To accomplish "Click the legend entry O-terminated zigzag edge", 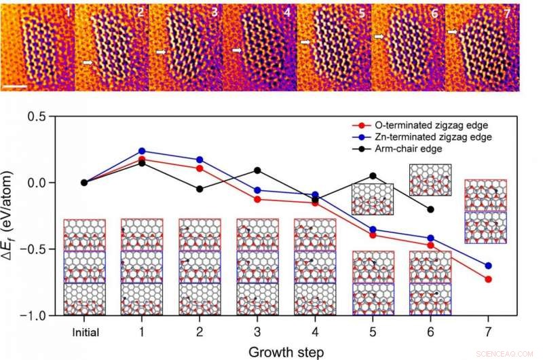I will coord(406,126).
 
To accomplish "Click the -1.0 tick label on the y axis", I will coord(45,316).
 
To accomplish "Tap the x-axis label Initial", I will coord(85,333).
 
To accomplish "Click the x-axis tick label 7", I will coord(488,333).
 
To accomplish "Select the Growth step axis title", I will coord(286,351).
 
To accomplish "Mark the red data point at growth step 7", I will coord(488,279).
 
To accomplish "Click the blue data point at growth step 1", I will coord(142,151).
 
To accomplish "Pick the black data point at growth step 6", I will coord(430,209).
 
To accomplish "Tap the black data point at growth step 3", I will coord(257,170).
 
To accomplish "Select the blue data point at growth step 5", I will coord(373,230).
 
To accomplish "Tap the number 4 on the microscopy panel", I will coord(286,13).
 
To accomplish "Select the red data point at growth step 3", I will coord(257,199).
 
